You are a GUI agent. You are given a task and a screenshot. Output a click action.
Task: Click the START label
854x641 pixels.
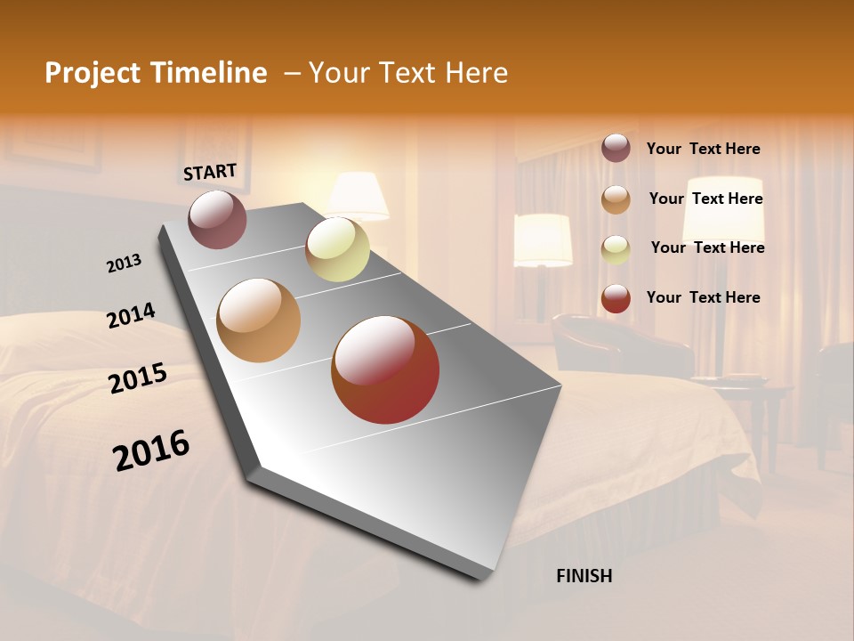210,172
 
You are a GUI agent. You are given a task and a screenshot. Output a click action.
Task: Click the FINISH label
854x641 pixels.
584,576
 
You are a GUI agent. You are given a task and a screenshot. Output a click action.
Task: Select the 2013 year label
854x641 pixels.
124,264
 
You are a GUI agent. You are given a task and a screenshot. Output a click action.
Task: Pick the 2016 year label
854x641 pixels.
151,450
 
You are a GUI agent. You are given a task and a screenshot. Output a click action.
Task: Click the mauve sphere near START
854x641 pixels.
217,219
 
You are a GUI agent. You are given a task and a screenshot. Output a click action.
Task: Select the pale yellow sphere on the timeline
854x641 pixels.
337,249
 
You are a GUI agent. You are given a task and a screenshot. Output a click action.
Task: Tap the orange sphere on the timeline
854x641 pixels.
259,320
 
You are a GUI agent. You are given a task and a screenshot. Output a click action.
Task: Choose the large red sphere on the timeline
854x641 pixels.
385,369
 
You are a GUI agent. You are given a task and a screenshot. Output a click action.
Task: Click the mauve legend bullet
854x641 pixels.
616,148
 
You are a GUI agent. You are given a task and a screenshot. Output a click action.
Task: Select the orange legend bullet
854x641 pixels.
616,199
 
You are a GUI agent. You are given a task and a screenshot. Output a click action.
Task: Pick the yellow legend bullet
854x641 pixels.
616,249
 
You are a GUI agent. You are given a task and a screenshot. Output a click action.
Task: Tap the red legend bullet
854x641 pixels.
616,298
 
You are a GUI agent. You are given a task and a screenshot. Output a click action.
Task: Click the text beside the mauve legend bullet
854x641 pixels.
703,149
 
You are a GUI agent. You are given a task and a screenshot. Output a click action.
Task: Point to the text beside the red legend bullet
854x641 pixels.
703,297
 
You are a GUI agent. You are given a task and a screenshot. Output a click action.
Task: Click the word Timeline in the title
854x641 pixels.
208,73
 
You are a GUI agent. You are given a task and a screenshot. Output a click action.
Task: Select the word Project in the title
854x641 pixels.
92,73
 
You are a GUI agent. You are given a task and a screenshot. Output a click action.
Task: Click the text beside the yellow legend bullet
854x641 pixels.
707,247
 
